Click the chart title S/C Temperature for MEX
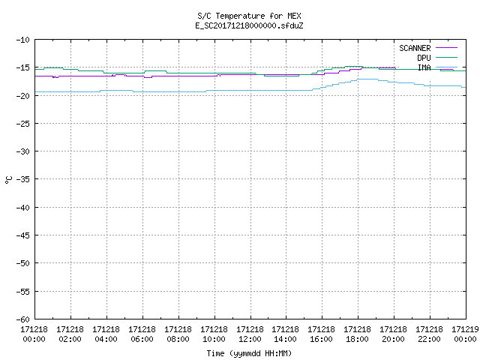tap(249, 16)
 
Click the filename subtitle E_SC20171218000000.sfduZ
tap(249, 25)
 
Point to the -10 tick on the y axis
tap(23, 40)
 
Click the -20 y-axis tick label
tap(23, 96)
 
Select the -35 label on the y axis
tap(23, 179)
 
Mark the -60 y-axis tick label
tap(23, 319)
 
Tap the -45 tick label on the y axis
tap(23, 235)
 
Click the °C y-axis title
tap(8, 180)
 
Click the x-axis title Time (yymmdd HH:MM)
tap(249, 353)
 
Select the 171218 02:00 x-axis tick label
tap(70, 334)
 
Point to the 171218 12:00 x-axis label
tap(250, 334)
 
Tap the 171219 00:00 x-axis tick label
tap(465, 334)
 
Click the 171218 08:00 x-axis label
tap(178, 334)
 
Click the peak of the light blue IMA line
tap(367, 79)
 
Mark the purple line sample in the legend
tap(446, 48)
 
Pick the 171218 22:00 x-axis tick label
tap(429, 334)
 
